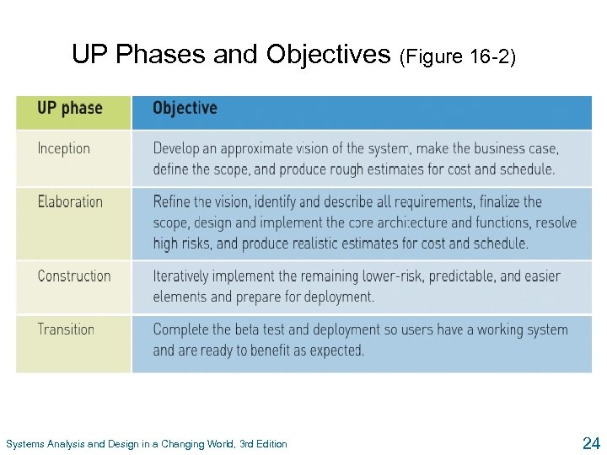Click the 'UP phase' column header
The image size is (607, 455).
[x=70, y=109]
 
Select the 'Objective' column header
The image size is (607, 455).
[x=185, y=109]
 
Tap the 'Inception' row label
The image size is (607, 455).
[x=63, y=148]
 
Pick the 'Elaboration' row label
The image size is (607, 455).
[x=70, y=201]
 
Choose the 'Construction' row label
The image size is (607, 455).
[x=74, y=276]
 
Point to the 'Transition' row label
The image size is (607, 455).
[x=66, y=329]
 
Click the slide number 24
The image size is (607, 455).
[x=590, y=442]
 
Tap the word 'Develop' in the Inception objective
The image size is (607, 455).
[x=176, y=148]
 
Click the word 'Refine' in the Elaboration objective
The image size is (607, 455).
[x=171, y=201]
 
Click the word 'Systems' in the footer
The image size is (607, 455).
[x=23, y=444]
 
